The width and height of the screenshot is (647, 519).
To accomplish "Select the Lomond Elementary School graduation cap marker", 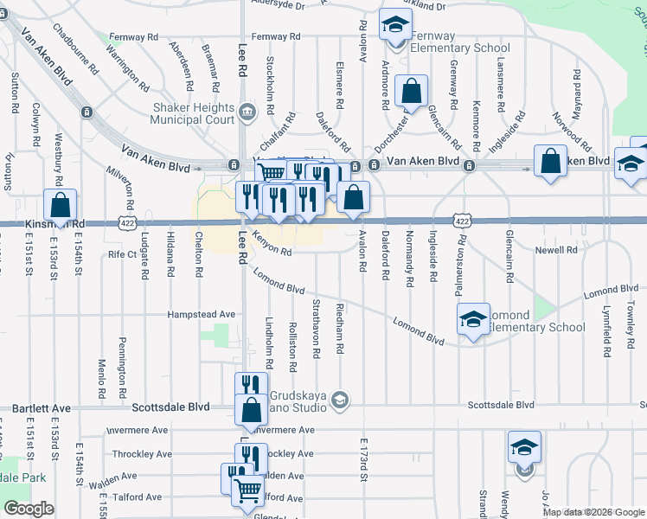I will click(473, 319).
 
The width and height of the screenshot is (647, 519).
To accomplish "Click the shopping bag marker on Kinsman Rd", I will click(60, 206).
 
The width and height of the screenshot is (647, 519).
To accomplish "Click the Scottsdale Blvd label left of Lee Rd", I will click(170, 406).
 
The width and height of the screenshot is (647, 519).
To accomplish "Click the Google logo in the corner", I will click(29, 509).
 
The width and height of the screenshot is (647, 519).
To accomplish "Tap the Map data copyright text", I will click(593, 512).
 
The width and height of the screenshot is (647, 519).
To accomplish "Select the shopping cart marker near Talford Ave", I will click(248, 490).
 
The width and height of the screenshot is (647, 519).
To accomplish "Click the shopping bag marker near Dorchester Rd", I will click(411, 90).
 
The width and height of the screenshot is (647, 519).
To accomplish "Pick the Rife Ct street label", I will click(123, 254).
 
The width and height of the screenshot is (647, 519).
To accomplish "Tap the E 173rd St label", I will click(364, 458).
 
